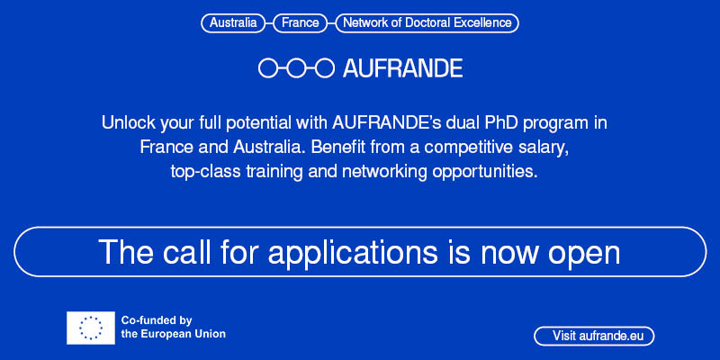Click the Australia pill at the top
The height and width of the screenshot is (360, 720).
232,22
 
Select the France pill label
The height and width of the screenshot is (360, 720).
300,22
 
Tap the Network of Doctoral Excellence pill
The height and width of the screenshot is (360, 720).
427,22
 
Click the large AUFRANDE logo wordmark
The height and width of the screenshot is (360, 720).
402,67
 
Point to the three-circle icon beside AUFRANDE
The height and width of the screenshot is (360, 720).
296,67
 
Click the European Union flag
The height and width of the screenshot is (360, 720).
90,328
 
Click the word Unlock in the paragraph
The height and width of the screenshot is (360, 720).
128,121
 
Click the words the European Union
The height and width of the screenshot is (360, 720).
173,334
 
